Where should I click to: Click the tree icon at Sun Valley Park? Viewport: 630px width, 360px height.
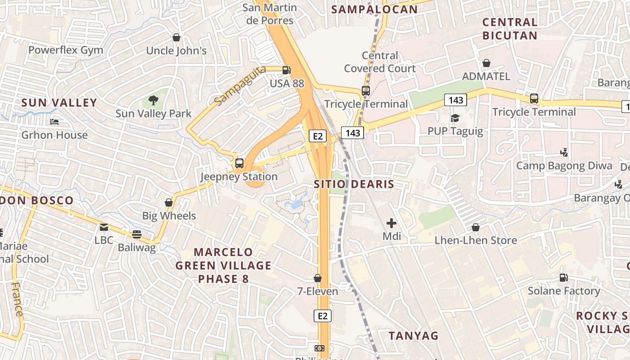[x=153, y=100]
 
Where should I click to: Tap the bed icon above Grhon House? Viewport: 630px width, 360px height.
[x=54, y=122]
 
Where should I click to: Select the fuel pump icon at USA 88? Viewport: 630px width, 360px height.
[x=286, y=70]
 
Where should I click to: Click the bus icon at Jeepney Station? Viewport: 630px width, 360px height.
[x=239, y=163]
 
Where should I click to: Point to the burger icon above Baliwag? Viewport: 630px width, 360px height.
[x=137, y=234]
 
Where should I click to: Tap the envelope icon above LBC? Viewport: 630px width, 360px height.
[x=104, y=227]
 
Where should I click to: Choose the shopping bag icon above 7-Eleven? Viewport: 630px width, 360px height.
[x=318, y=278]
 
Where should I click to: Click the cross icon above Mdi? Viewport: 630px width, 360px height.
[x=391, y=223]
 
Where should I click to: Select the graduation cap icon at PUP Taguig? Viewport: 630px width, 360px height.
[x=455, y=118]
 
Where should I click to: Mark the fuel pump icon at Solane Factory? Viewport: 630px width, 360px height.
[x=563, y=278]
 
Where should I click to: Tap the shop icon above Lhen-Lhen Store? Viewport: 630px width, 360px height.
[x=476, y=227]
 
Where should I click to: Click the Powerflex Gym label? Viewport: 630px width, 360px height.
[x=66, y=50]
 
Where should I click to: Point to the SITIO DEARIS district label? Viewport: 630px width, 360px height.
[x=354, y=184]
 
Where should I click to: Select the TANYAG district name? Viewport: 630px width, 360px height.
[x=413, y=336]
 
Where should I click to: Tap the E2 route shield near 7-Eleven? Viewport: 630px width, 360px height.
[x=323, y=316]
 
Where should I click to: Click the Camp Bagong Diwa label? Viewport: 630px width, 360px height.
[x=564, y=166]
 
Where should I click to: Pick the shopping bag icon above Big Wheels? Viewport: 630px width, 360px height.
[x=169, y=202]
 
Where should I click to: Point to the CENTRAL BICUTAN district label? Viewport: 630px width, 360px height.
[x=510, y=29]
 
